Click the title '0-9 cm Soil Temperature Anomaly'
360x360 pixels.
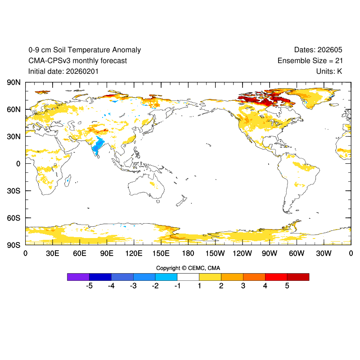point(85,50)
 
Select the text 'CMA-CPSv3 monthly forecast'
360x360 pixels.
point(77,61)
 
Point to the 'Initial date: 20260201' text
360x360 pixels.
point(63,71)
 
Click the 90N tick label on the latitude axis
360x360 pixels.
point(13,82)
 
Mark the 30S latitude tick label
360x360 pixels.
point(13,191)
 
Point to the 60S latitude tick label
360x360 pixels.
point(13,218)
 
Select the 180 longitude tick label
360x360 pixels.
point(188,254)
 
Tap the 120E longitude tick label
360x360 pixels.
point(134,254)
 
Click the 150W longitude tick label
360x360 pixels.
point(215,254)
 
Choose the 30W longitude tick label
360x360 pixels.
point(324,254)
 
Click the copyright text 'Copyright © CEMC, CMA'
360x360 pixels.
point(188,268)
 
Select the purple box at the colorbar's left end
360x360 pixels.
point(78,277)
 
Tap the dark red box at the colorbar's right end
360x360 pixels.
point(298,277)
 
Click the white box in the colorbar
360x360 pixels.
point(188,277)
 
